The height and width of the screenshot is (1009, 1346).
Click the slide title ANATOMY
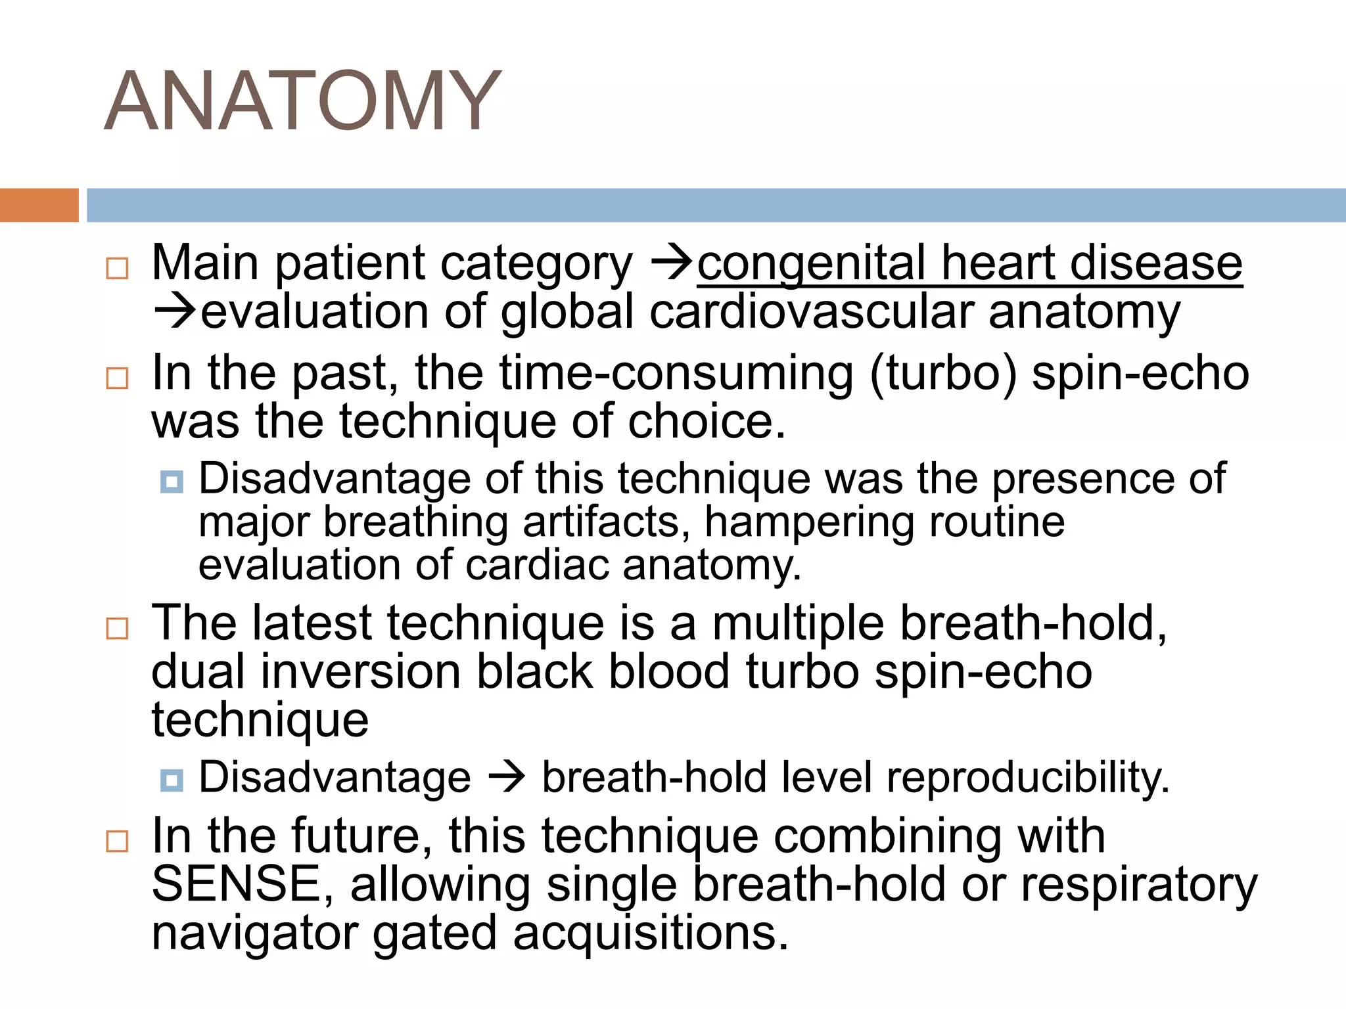(302, 102)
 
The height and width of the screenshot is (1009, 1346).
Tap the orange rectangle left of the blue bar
(39, 205)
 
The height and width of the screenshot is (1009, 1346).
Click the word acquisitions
(650, 933)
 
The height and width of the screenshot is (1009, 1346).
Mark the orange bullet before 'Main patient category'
(117, 268)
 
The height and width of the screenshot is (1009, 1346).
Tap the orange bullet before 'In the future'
(117, 841)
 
